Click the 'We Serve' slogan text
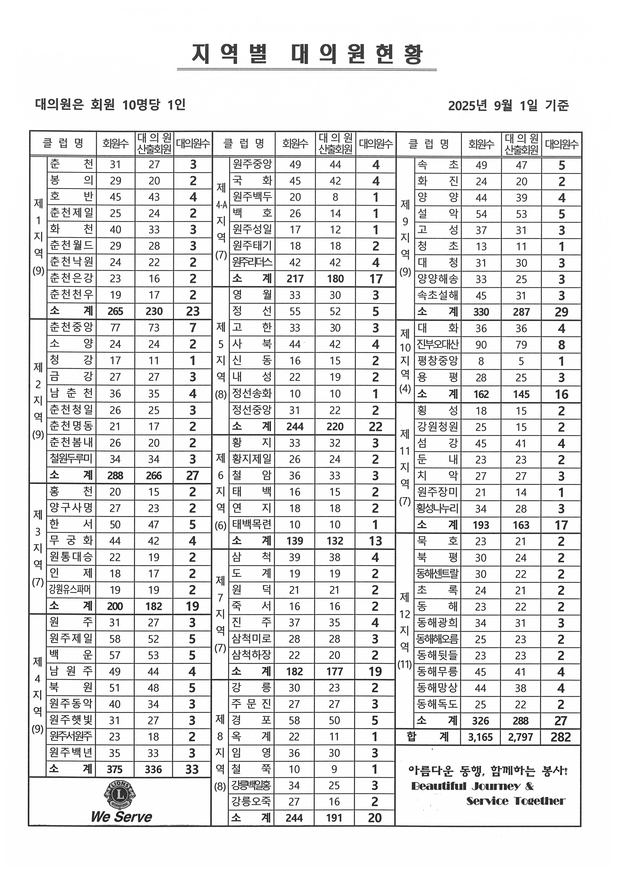[x=121, y=816]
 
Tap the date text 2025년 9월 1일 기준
[x=508, y=105]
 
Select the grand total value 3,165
[x=480, y=737]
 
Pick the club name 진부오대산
[x=438, y=345]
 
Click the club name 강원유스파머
[x=71, y=590]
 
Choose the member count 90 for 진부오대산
[x=481, y=345]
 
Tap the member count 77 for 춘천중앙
[x=115, y=328]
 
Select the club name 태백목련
[x=252, y=524]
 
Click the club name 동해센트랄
[x=438, y=574]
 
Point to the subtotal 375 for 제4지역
[x=115, y=770]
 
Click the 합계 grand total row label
[x=428, y=737]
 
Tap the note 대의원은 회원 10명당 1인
[x=110, y=104]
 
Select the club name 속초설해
[x=438, y=295]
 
